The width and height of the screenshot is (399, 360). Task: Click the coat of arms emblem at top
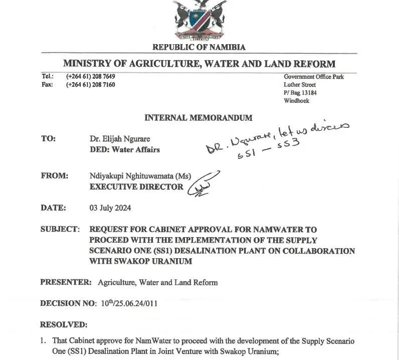[x=199, y=20]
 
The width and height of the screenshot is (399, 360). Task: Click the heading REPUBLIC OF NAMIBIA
[x=199, y=47]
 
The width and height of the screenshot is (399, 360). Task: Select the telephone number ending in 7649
[x=90, y=77]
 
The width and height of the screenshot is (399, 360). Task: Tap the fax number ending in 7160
[x=90, y=85]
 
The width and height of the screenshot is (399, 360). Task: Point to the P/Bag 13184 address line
[x=300, y=93]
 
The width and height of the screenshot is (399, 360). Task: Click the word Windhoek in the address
[x=296, y=101]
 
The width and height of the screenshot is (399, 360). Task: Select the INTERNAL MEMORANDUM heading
[x=198, y=118]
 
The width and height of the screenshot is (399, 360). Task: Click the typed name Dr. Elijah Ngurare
[x=120, y=139]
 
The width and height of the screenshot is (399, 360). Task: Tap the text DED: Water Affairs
[x=125, y=149]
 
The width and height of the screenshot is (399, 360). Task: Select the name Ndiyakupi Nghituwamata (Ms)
[x=140, y=176]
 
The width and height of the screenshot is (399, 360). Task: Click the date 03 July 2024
[x=110, y=208]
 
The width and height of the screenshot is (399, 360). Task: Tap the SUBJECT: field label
[x=60, y=229]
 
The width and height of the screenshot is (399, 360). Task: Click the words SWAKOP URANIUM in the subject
[x=141, y=261]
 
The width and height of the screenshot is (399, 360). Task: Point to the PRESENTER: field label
[x=66, y=282]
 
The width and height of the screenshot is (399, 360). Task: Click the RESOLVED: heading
[x=64, y=325]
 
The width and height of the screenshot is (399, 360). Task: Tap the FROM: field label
[x=54, y=175]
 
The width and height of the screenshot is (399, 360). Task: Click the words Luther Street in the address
[x=300, y=85]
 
